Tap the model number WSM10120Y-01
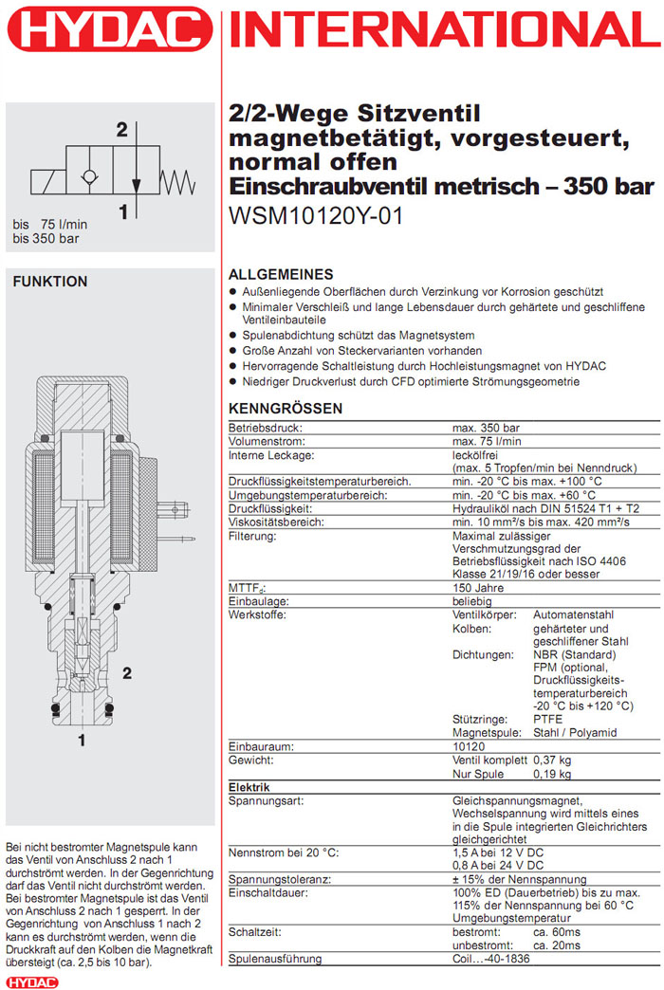316,215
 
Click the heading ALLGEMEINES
282,273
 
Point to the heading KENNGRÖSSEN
286,409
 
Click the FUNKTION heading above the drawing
49,282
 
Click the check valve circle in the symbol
90,179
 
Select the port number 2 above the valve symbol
121,130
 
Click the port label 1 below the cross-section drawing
82,737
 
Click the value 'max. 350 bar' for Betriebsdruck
487,429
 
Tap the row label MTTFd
246,588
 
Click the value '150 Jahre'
479,588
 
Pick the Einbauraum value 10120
470,747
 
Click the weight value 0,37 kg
552,761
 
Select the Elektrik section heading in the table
250,787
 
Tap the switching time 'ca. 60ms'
558,933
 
